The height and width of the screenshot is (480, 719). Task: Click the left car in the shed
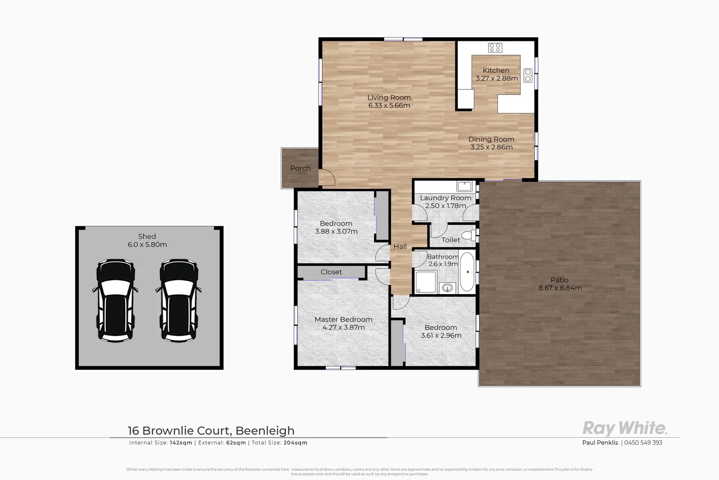(115, 301)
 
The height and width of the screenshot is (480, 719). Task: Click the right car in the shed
(178, 301)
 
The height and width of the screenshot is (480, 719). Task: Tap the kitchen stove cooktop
(495, 47)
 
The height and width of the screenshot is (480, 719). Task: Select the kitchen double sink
(528, 75)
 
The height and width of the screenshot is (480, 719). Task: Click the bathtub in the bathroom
(467, 272)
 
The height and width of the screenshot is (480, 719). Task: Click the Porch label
(300, 168)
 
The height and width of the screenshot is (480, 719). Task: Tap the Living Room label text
(389, 98)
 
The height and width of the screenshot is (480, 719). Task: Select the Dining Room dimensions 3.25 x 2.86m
(491, 147)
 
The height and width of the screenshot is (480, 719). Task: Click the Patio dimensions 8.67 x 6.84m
(560, 288)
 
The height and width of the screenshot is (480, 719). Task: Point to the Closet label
(331, 272)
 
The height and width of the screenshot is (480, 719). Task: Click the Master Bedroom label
(343, 320)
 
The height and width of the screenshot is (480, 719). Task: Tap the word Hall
(400, 247)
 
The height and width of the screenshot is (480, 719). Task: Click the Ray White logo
(624, 428)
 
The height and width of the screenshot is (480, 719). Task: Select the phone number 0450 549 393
(643, 443)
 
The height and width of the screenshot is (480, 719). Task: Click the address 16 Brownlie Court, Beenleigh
(211, 431)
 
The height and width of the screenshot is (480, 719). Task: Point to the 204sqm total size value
(296, 443)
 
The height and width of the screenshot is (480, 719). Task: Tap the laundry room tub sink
(464, 186)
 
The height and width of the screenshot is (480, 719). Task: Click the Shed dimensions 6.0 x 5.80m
(147, 244)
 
